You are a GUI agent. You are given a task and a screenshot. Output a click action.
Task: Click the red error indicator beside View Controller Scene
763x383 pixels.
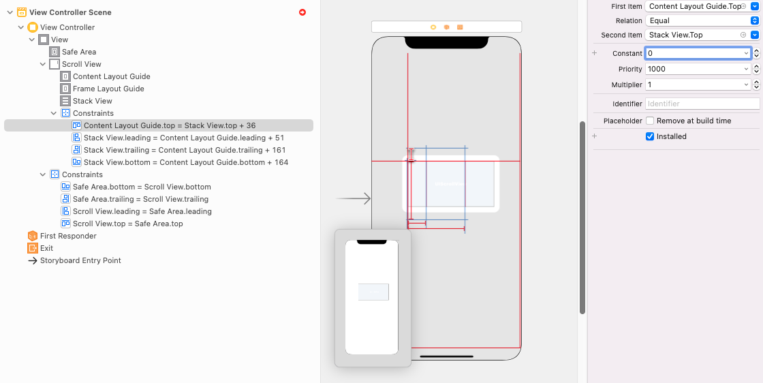click(302, 12)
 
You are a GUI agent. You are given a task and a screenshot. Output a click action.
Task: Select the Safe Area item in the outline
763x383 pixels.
click(79, 52)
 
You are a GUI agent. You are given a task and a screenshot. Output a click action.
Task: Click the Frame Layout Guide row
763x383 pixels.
click(108, 89)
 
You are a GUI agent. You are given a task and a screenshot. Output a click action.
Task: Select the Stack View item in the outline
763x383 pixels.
click(93, 101)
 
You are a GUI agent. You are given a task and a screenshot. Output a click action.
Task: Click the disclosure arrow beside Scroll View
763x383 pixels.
click(43, 64)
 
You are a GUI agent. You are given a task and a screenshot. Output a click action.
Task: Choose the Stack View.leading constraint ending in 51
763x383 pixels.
click(184, 138)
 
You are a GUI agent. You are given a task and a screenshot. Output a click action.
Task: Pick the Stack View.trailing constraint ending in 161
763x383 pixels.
click(185, 150)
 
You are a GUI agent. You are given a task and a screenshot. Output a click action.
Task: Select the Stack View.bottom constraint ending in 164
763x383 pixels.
click(186, 162)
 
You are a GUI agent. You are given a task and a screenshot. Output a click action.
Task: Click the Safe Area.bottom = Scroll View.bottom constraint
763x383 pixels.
click(142, 187)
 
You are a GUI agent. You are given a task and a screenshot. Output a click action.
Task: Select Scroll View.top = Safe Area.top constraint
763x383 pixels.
click(128, 224)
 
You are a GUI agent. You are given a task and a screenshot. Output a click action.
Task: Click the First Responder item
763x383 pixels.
click(68, 236)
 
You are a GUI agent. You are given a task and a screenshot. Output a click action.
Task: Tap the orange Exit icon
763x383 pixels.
click(32, 248)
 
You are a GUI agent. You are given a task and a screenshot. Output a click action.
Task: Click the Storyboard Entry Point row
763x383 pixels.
click(81, 260)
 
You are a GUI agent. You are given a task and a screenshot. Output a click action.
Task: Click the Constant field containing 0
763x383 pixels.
click(698, 53)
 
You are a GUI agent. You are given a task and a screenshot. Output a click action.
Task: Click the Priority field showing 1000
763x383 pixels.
click(698, 69)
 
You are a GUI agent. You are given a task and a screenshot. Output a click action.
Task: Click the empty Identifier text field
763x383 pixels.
click(702, 104)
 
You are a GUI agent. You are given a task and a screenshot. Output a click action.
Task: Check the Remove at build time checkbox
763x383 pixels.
click(650, 121)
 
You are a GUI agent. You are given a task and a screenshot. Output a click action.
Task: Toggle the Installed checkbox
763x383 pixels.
click(650, 137)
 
